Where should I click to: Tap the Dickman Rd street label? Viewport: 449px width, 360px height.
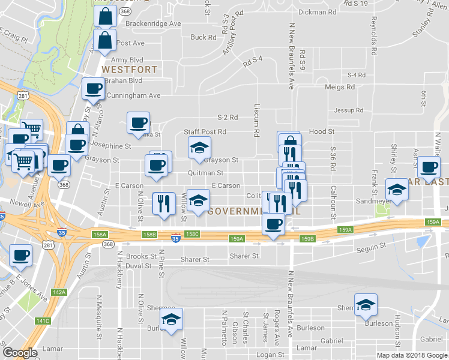(317, 12)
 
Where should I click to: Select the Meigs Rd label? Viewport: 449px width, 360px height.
(340, 87)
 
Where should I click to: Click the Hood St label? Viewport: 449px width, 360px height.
(321, 131)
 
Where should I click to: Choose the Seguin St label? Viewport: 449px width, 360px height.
(370, 246)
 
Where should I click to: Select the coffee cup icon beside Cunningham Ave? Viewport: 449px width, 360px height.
(93, 90)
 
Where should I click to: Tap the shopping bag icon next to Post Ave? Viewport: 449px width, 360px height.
(105, 41)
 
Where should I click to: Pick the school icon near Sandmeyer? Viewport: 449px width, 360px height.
(396, 190)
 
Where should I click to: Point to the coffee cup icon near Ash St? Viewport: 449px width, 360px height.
(429, 167)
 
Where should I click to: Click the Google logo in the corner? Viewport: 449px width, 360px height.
(20, 353)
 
